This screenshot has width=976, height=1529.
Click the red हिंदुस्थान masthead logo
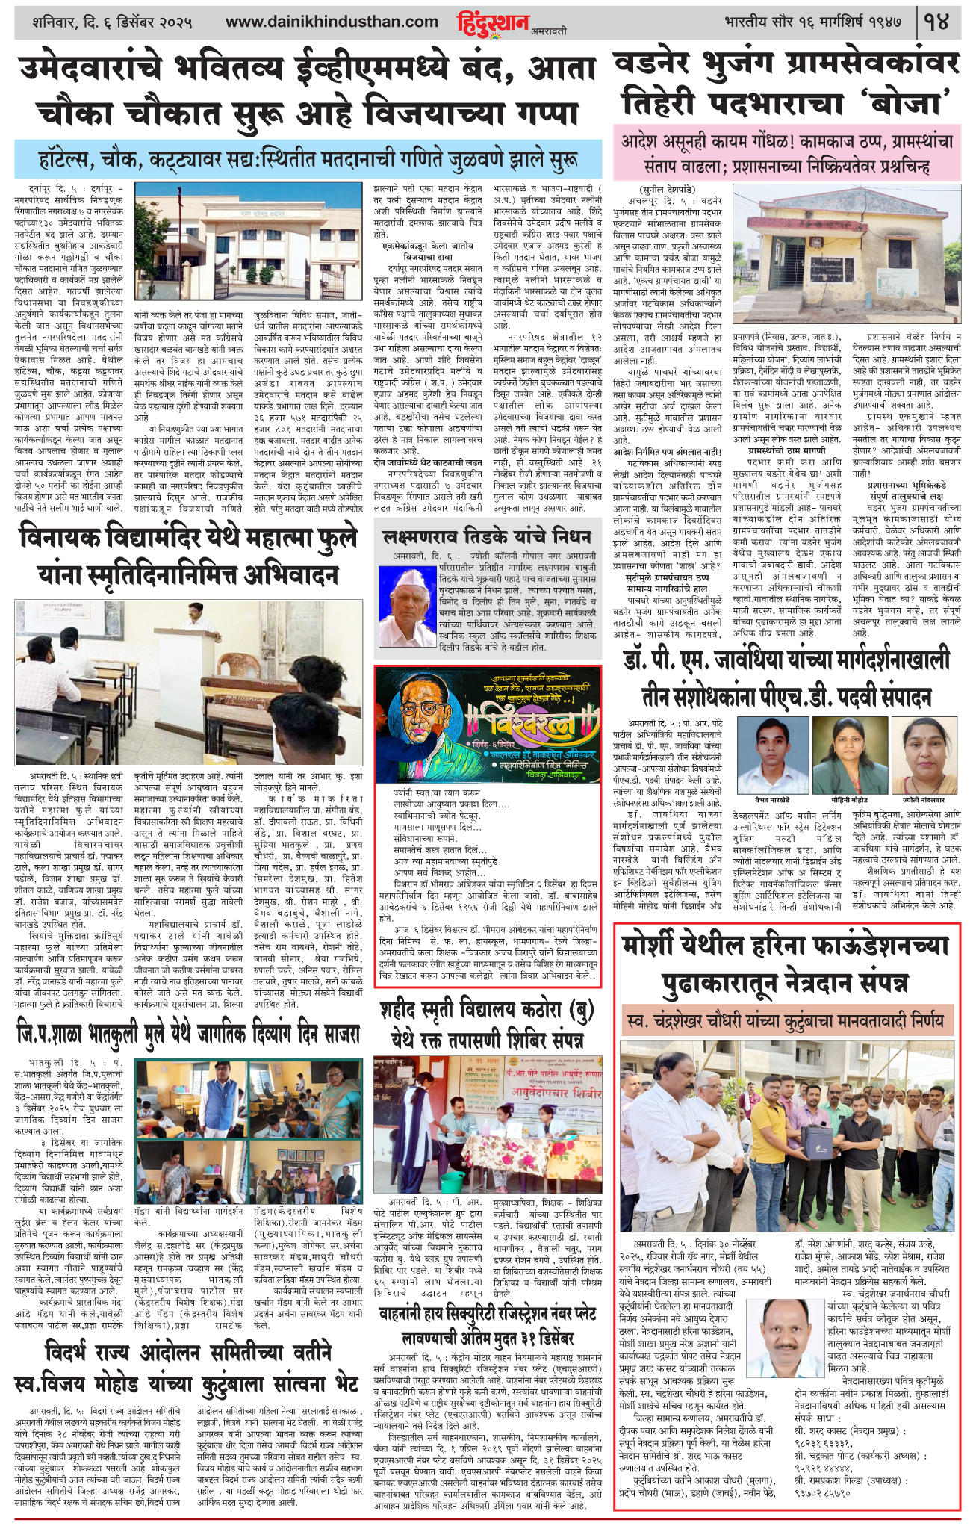coord(492,23)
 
